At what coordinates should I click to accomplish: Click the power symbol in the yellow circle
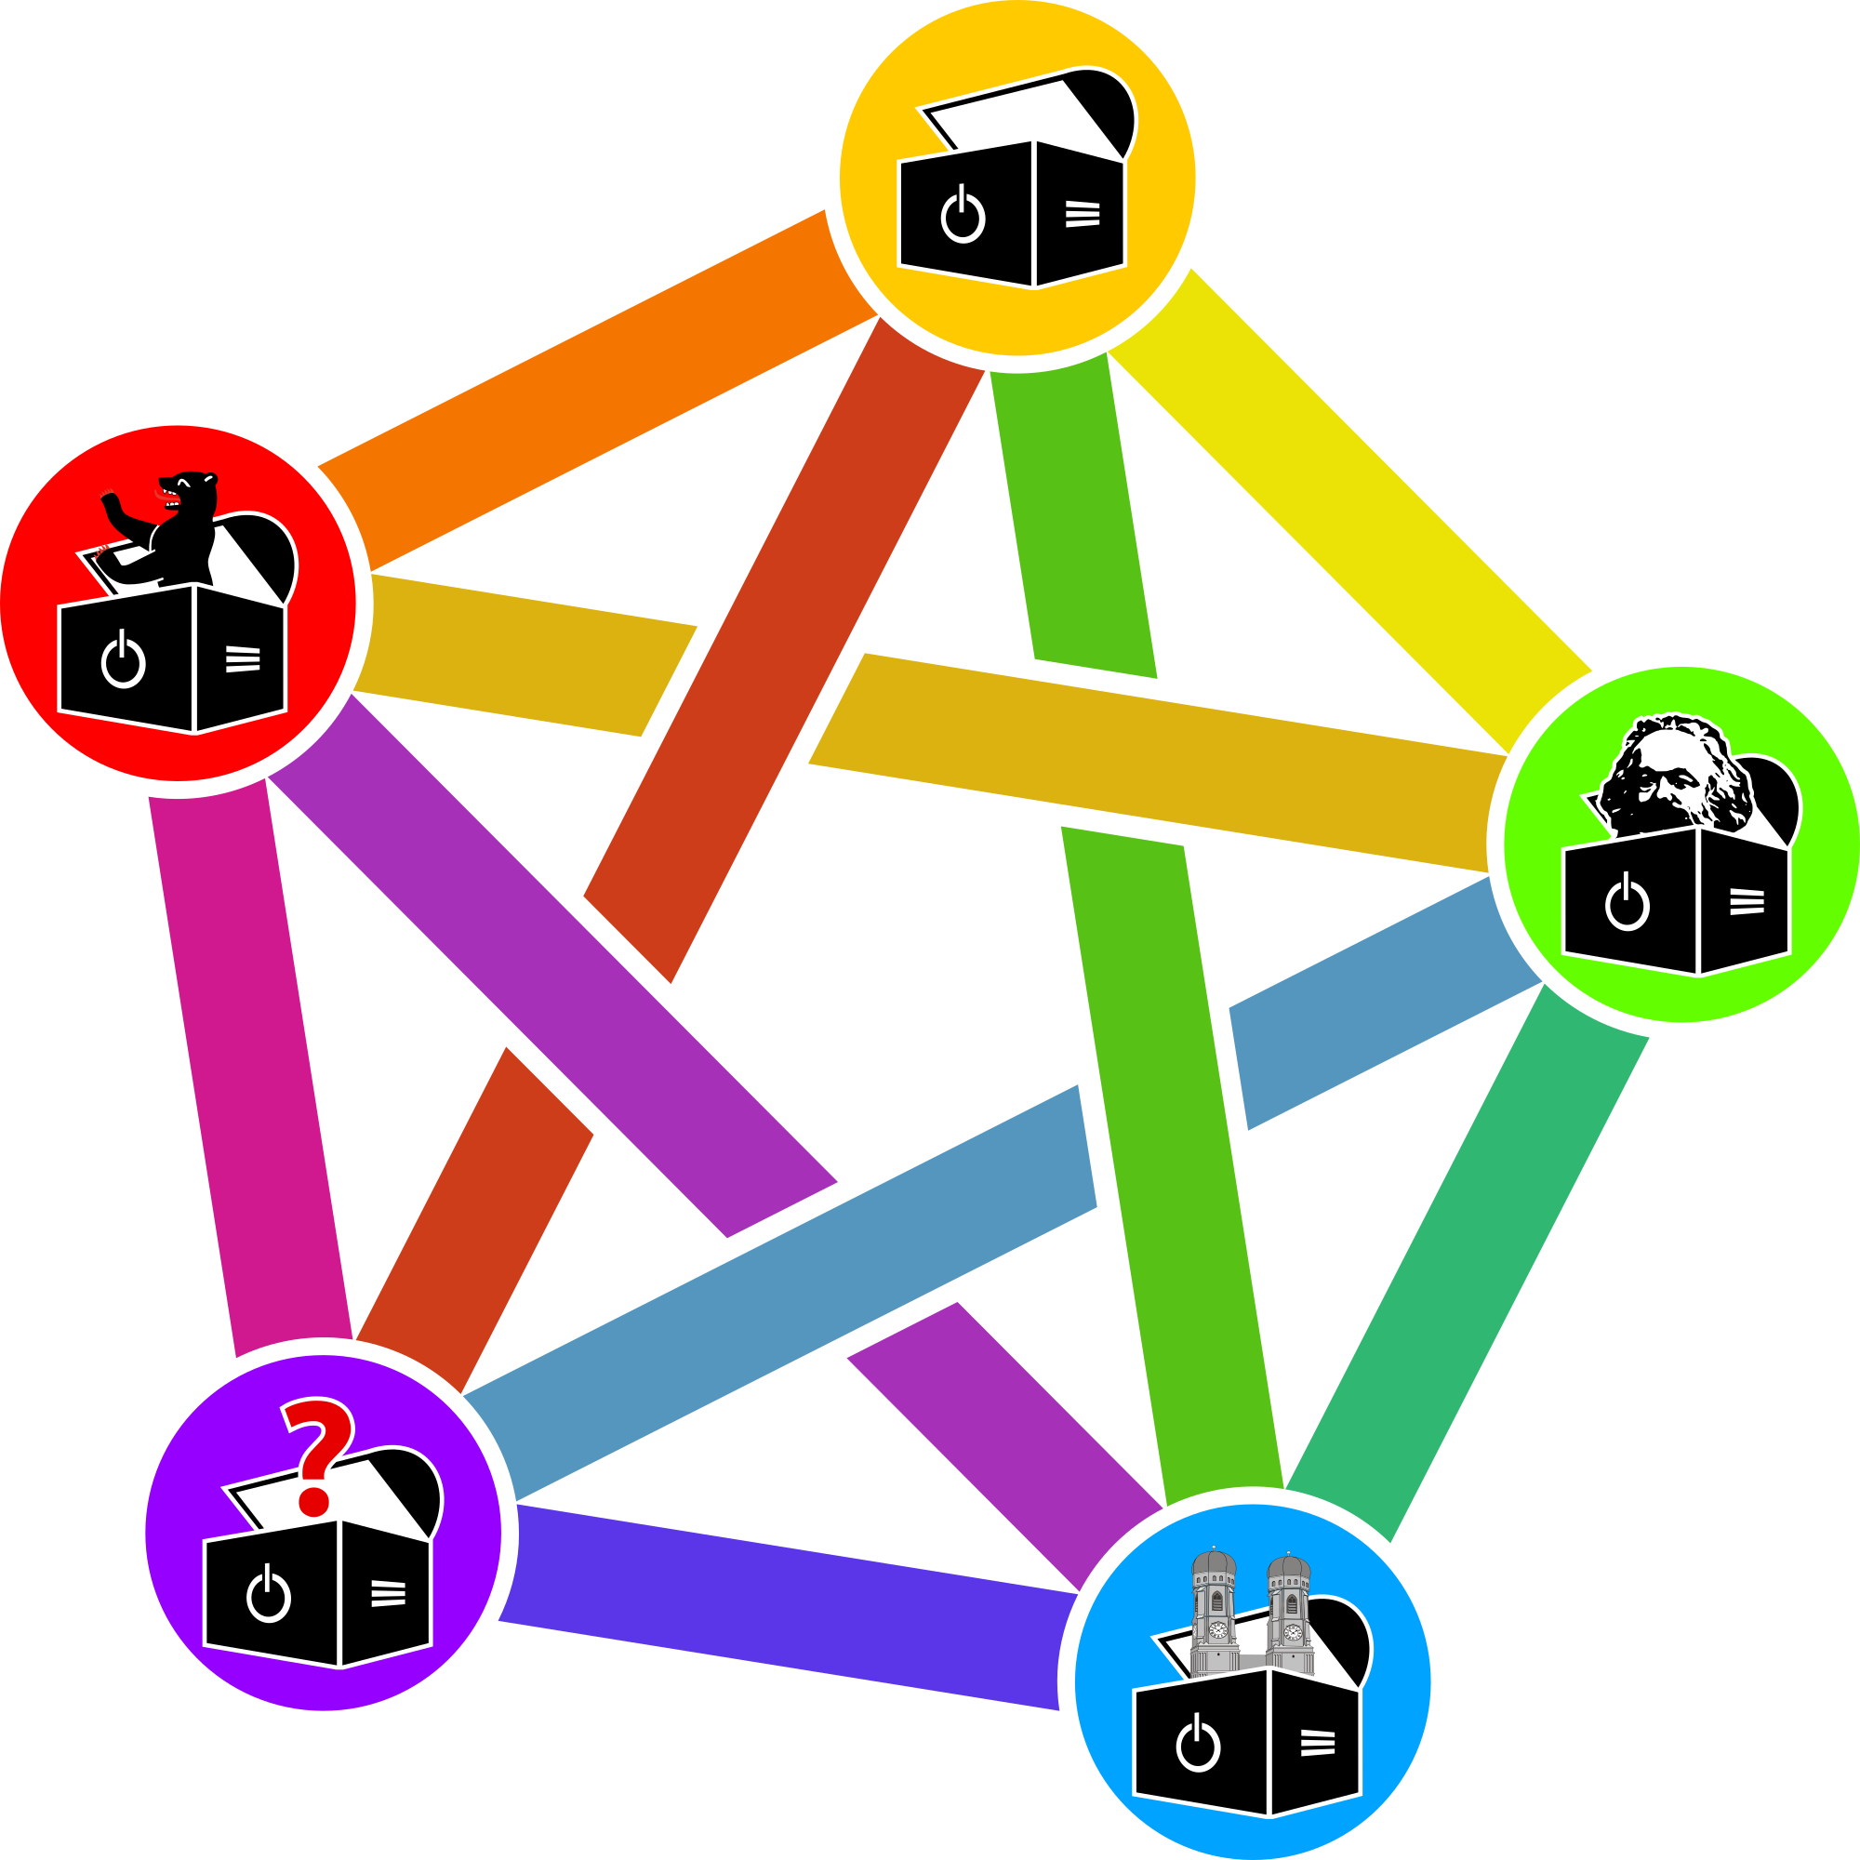pos(963,216)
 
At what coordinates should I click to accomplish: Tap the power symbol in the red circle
pos(124,660)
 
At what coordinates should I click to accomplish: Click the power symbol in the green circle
pos(1627,903)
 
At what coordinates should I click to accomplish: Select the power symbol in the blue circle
pos(1198,1744)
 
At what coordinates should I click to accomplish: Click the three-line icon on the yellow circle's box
pos(1083,214)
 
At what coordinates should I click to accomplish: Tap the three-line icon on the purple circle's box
pos(388,1593)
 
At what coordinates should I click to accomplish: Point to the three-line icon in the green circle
pos(1747,901)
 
